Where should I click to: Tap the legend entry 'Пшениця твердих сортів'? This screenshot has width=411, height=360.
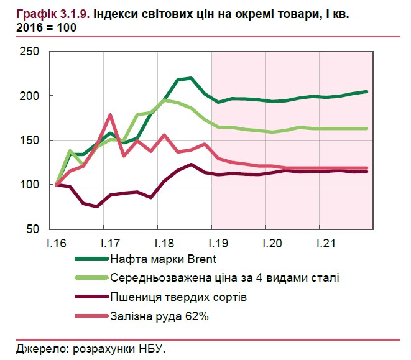pyautogui.click(x=179, y=297)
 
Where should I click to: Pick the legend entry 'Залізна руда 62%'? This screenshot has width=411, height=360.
pyautogui.click(x=157, y=316)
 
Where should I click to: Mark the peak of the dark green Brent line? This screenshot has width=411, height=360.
pyautogui.click(x=190, y=78)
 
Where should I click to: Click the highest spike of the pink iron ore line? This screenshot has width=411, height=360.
pyautogui.click(x=110, y=114)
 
